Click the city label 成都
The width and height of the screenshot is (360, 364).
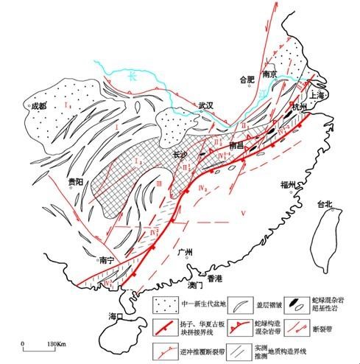(x=38, y=105)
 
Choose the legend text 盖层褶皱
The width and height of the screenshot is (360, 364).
(x=252, y=301)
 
